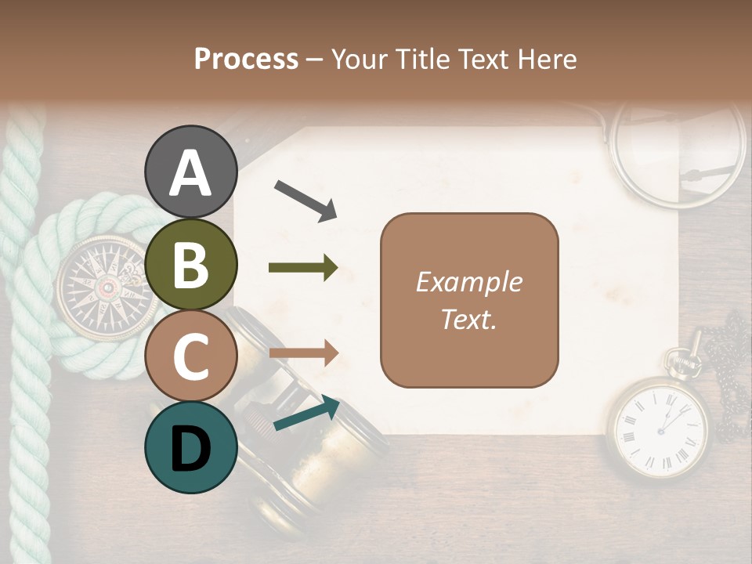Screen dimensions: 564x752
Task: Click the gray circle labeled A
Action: point(191,172)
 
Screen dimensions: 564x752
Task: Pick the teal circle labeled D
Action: point(191,447)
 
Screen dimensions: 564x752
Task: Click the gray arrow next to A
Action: point(305,200)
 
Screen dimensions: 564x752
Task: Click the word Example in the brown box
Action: point(468,282)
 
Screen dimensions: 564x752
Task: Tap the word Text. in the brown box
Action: point(468,319)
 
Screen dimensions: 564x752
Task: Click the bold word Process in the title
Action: point(246,59)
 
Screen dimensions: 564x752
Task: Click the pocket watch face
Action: point(656,427)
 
